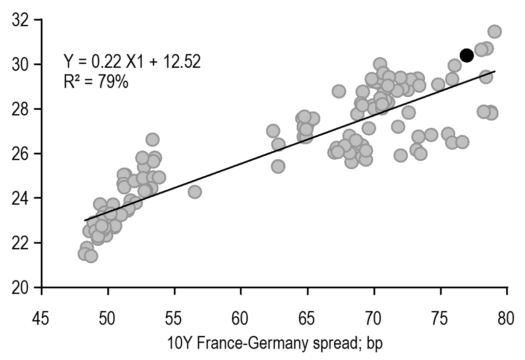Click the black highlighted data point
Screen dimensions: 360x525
pos(466,56)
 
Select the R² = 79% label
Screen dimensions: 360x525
pos(96,82)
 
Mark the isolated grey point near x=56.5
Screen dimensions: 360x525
pos(195,192)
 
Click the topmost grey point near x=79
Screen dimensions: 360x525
pos(494,31)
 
